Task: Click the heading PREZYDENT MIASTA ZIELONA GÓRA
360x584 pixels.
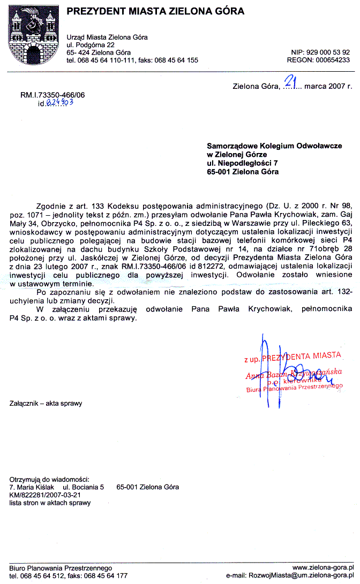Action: pyautogui.click(x=155, y=11)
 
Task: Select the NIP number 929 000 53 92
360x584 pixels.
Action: pyautogui.click(x=328, y=52)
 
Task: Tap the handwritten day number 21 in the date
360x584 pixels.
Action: pyautogui.click(x=291, y=81)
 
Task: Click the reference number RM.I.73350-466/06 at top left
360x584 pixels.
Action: pyautogui.click(x=52, y=95)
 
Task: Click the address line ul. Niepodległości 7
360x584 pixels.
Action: pyautogui.click(x=243, y=163)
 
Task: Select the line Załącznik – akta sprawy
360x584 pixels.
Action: pyautogui.click(x=46, y=403)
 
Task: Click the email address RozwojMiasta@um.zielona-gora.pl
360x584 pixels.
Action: pyautogui.click(x=301, y=576)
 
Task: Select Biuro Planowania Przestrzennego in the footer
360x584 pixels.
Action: pyautogui.click(x=61, y=568)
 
